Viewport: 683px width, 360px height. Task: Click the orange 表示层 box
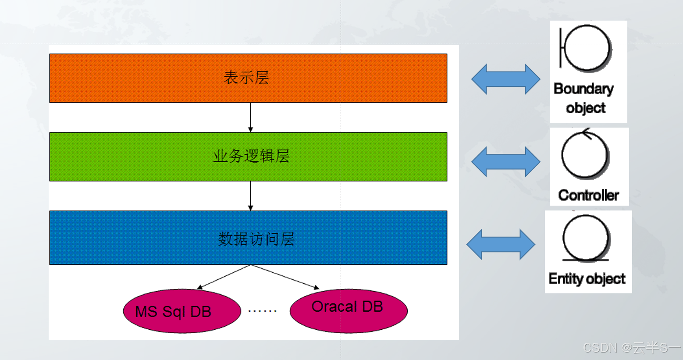pos(248,78)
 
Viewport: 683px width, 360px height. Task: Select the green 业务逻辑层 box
pos(248,157)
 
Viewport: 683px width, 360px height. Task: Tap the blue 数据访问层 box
pos(248,238)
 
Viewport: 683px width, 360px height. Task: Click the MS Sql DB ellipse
pos(182,311)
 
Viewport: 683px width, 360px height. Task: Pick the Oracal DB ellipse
pos(349,310)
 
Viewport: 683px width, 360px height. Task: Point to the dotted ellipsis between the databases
pos(262,311)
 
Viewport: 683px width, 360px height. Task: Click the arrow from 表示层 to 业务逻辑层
pos(250,117)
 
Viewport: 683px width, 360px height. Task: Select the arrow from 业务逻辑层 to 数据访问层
pos(250,196)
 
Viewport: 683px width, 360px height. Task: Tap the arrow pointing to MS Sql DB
pos(224,277)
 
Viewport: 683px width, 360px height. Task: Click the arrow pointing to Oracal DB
pos(285,277)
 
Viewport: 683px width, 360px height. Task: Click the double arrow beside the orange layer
pos(505,79)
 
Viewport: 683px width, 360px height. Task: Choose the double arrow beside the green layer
pos(505,162)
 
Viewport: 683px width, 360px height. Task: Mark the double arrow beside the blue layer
pos(501,244)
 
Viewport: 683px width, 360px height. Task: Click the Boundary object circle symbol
pos(587,48)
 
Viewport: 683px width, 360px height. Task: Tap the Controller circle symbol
pos(585,155)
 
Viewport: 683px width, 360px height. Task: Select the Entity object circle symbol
pos(586,238)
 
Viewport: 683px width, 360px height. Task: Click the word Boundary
pos(583,89)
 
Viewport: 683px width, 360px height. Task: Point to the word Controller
pos(588,195)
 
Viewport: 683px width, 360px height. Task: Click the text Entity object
pos(587,279)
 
